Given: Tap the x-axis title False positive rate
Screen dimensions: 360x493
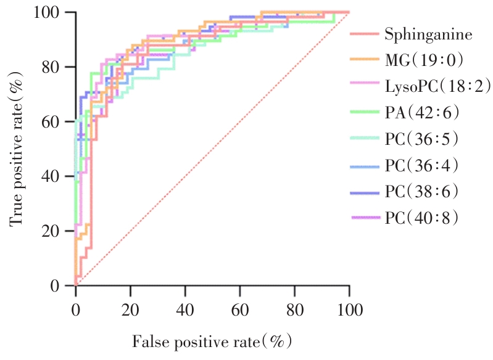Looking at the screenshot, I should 210,340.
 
